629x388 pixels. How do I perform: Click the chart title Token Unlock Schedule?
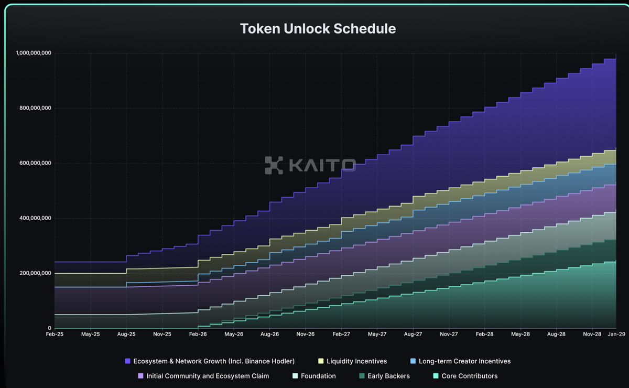[x=318, y=28]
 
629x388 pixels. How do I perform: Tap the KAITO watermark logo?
[x=310, y=165]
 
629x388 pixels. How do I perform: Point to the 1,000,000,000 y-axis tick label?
[x=34, y=53]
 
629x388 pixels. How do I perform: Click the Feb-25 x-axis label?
[x=55, y=333]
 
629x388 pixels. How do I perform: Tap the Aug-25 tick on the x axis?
[x=126, y=333]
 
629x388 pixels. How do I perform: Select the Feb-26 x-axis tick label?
[x=198, y=333]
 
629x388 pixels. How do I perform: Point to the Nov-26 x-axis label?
[x=305, y=333]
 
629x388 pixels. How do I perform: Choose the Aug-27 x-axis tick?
[x=413, y=333]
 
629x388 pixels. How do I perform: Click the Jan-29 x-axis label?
[x=615, y=333]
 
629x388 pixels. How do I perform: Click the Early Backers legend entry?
[x=384, y=376]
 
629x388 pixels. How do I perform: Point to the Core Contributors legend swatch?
[x=436, y=376]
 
